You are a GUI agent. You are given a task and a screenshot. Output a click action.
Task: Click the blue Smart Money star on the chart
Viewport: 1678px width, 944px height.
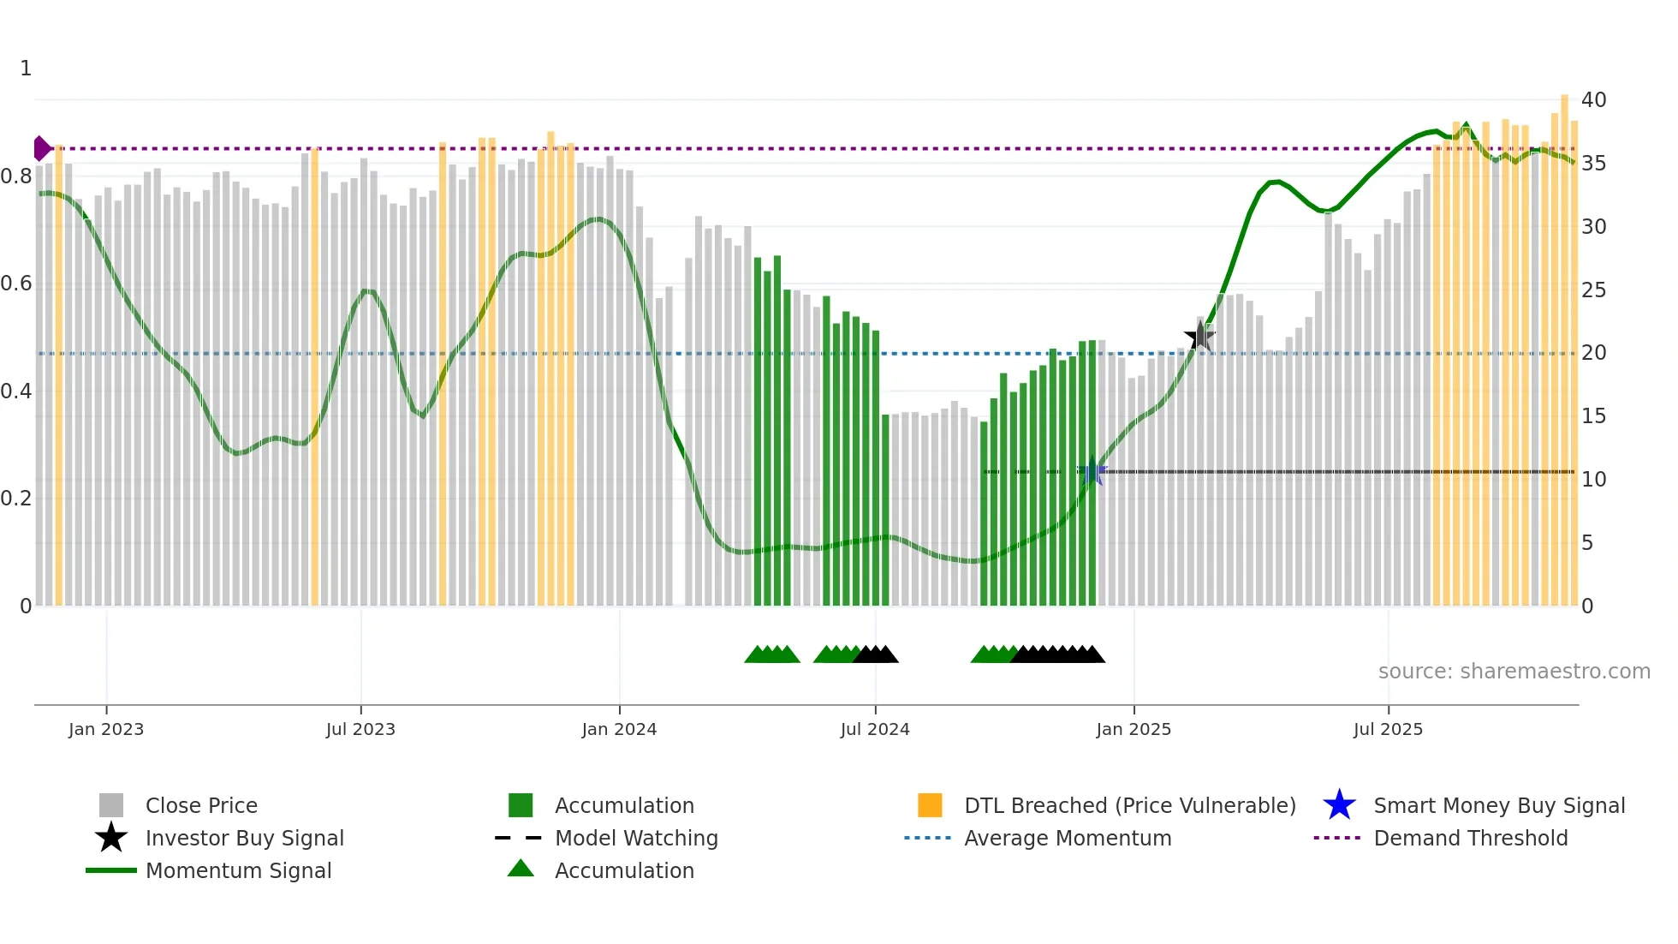1092,472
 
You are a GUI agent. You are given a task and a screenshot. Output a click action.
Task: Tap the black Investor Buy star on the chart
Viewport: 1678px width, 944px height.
1199,337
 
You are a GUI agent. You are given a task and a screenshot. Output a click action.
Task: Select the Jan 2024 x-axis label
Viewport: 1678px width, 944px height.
619,729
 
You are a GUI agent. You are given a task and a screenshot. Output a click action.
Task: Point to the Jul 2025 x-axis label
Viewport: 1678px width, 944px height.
1388,729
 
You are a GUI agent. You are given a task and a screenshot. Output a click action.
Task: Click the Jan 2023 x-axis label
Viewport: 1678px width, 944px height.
106,729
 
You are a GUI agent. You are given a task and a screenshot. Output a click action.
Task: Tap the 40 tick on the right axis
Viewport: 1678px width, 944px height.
1593,100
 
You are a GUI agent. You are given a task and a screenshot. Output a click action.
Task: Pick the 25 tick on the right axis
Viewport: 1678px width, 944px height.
1593,290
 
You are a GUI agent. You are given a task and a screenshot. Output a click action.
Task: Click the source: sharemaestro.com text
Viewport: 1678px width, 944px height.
1514,672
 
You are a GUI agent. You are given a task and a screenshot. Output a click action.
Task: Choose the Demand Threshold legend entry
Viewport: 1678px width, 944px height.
1470,838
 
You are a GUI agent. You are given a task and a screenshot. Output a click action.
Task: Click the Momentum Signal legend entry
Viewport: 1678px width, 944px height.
238,870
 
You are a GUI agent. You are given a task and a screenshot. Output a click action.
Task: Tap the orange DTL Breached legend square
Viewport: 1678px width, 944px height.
930,805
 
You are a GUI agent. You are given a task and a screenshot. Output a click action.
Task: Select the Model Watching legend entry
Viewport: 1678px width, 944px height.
636,838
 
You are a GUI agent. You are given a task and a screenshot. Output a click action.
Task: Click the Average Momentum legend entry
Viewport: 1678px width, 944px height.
1067,838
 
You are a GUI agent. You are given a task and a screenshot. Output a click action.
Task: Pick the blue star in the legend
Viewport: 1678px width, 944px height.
1339,805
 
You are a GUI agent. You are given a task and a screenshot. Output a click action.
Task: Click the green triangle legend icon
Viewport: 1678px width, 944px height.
521,869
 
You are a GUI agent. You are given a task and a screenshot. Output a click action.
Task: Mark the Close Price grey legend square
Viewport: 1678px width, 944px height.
111,805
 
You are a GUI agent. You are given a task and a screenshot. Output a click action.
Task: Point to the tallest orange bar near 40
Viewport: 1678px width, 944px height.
1564,343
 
